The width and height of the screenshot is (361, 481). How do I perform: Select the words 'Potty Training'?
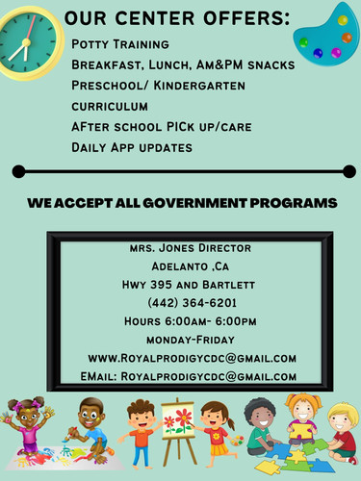120,45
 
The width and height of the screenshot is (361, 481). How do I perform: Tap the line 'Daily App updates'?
132,147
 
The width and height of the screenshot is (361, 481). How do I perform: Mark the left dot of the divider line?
17,172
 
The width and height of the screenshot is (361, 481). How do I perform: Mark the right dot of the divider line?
348,172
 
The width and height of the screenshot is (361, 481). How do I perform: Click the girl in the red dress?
218,430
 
